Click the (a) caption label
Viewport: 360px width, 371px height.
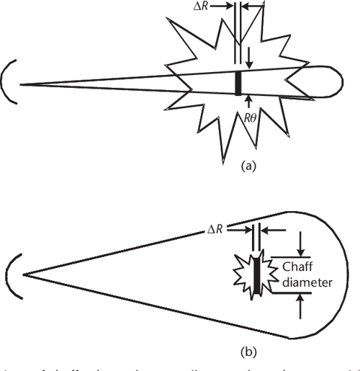pyautogui.click(x=247, y=165)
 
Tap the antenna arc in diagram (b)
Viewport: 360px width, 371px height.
pyautogui.click(x=11, y=274)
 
